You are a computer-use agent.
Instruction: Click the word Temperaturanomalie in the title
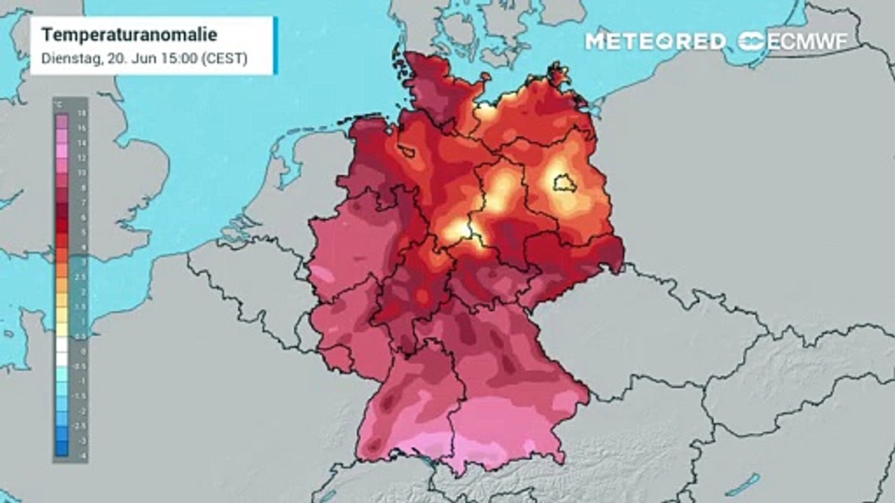[x=129, y=35]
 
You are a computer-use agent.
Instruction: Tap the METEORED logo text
[x=655, y=41]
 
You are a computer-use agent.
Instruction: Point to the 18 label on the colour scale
[x=83, y=112]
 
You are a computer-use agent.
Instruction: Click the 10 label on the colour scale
[x=83, y=172]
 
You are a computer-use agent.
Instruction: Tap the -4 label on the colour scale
[x=83, y=455]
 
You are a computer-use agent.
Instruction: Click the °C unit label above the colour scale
[x=60, y=103]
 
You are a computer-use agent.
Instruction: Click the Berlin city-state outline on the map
[x=563, y=185]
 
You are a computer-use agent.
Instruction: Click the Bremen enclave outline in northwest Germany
[x=406, y=150]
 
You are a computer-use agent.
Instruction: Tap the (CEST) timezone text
[x=224, y=59]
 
